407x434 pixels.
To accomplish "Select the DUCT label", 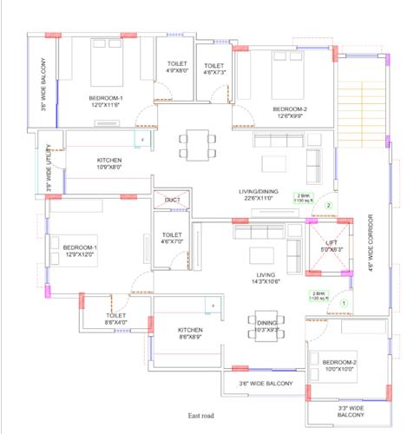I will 172,201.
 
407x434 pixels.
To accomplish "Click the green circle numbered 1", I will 344,303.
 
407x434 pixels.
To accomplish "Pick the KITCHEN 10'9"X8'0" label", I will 109,164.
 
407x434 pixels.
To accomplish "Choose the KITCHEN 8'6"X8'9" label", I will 190,334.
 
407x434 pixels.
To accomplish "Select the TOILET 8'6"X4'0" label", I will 116,319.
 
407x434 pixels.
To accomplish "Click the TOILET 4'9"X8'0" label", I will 177,67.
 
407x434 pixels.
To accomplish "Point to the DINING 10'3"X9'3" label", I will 266,325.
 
